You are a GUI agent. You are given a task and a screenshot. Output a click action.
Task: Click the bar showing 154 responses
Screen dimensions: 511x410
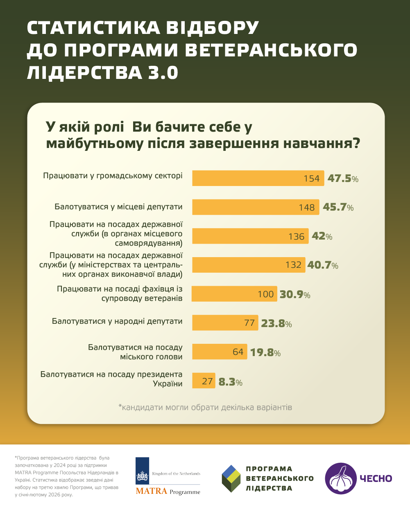[x=258, y=178]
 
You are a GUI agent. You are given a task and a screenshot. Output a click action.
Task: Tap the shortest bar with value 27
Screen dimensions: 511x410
[x=204, y=381]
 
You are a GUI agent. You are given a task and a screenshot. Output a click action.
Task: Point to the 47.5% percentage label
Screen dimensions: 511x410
[x=343, y=179]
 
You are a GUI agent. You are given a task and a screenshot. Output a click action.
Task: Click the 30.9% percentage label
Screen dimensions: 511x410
[x=295, y=294]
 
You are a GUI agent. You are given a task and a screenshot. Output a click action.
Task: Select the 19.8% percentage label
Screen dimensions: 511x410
[x=265, y=352]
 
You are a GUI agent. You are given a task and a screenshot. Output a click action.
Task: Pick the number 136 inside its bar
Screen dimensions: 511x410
[x=296, y=237]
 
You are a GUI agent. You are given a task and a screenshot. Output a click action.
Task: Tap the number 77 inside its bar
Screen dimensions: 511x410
[x=249, y=323]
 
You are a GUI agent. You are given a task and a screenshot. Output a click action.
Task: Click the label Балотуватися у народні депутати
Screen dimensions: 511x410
[x=117, y=321]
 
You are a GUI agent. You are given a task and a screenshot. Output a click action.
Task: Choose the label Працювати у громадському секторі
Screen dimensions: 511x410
[x=113, y=176]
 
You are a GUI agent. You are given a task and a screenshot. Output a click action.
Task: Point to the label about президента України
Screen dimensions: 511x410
[x=111, y=379]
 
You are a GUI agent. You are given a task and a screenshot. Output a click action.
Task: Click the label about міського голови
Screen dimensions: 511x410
[x=135, y=352]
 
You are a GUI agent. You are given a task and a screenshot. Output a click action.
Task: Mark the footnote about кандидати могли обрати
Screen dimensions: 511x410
[x=205, y=408]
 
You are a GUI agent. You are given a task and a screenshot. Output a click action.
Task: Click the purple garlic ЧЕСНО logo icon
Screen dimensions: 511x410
[x=341, y=479]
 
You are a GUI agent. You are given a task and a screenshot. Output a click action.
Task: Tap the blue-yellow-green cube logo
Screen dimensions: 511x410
[x=231, y=478]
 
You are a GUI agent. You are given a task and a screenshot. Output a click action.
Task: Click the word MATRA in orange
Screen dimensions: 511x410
[x=151, y=491]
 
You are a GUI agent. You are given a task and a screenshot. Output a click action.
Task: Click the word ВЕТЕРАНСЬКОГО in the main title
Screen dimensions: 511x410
[x=271, y=50]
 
